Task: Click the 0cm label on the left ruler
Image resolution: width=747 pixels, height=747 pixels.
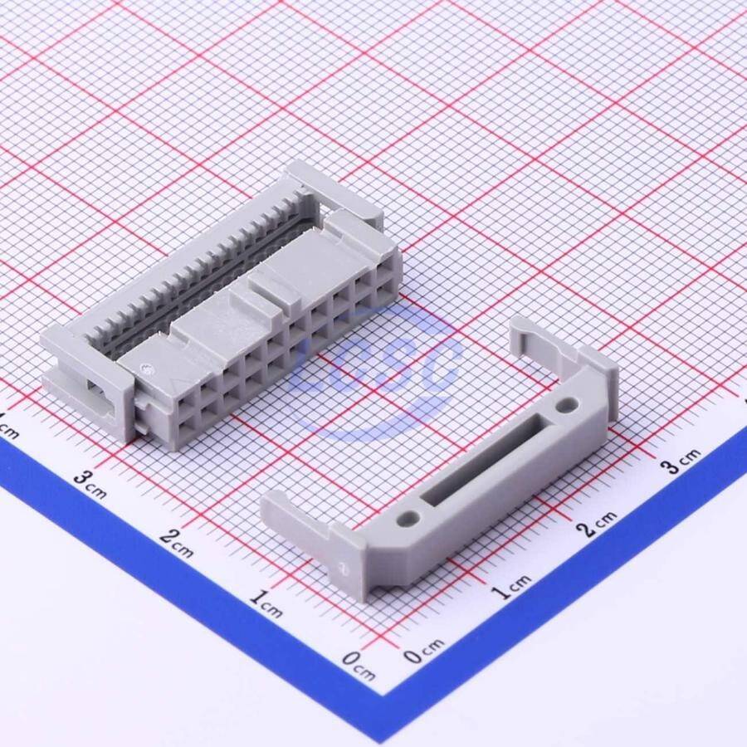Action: (x=359, y=665)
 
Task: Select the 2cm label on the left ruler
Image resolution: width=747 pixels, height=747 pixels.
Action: (x=176, y=543)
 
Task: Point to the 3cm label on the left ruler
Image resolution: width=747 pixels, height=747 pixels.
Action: (x=90, y=484)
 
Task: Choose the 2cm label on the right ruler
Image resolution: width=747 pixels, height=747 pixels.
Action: (x=596, y=524)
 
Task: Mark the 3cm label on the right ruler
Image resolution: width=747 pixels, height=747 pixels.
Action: (x=682, y=461)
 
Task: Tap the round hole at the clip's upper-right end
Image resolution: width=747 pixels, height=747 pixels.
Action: (x=566, y=405)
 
